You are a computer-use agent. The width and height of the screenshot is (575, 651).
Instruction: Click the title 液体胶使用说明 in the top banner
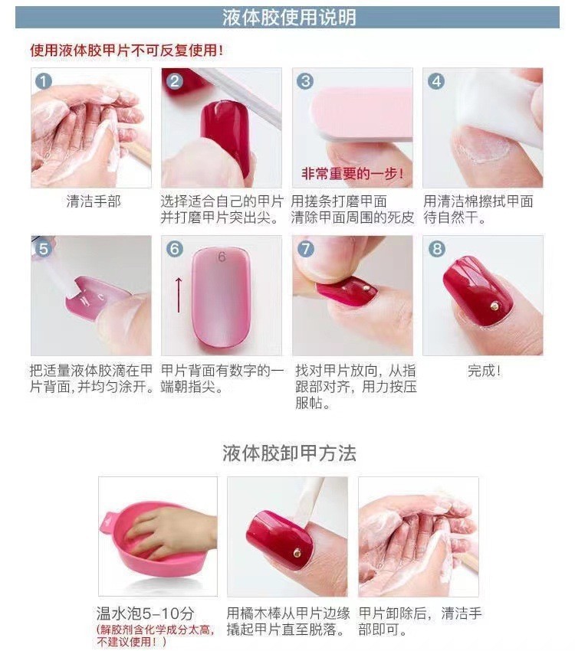[x=288, y=18]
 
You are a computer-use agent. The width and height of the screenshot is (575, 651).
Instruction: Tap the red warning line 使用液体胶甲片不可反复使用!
[x=127, y=51]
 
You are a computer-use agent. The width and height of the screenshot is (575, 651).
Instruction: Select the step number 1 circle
[x=44, y=81]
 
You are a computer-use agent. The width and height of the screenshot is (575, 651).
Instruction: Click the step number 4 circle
[x=436, y=81]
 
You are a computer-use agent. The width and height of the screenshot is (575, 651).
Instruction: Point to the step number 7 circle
[x=305, y=249]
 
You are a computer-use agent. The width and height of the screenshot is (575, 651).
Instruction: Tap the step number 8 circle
[x=436, y=249]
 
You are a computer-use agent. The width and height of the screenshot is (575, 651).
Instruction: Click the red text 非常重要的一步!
[x=352, y=175]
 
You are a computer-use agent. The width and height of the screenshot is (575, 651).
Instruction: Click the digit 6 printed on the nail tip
[x=222, y=257]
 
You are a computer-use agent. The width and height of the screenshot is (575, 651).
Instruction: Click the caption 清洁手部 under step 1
[x=93, y=202]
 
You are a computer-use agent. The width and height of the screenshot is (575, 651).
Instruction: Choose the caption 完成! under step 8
[x=484, y=371]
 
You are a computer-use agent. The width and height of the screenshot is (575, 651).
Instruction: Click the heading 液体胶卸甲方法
[x=289, y=453]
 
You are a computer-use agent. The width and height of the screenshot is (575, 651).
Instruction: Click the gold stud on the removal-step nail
[x=297, y=550]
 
